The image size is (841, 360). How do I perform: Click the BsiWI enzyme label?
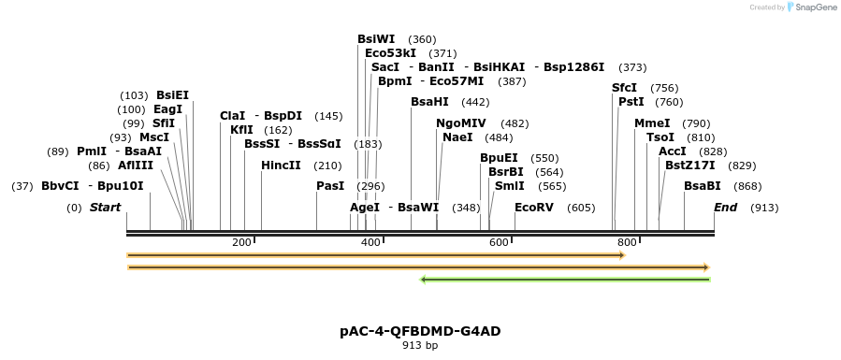[376, 39]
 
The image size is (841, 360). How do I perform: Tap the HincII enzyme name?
[281, 166]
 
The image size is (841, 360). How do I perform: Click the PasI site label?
[330, 186]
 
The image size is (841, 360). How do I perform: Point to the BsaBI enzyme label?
[702, 186]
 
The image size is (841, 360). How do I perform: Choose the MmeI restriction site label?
[652, 123]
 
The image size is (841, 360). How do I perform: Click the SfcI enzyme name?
[624, 88]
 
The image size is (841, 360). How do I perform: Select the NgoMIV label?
[461, 123]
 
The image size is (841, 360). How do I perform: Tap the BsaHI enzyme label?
[429, 102]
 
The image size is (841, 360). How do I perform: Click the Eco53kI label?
[390, 53]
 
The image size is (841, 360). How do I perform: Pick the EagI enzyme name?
[167, 109]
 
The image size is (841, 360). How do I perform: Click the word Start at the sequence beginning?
[105, 208]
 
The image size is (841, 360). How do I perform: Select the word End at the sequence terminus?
[725, 208]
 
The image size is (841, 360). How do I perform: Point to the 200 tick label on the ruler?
[241, 243]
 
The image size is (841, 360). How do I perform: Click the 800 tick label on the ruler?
[626, 243]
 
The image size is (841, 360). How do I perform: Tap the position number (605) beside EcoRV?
[581, 208]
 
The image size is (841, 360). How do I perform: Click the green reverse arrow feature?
[565, 279]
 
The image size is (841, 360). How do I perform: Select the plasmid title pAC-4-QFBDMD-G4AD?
[420, 331]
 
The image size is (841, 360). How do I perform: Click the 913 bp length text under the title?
[420, 345]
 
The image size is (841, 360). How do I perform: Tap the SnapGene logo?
[809, 7]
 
